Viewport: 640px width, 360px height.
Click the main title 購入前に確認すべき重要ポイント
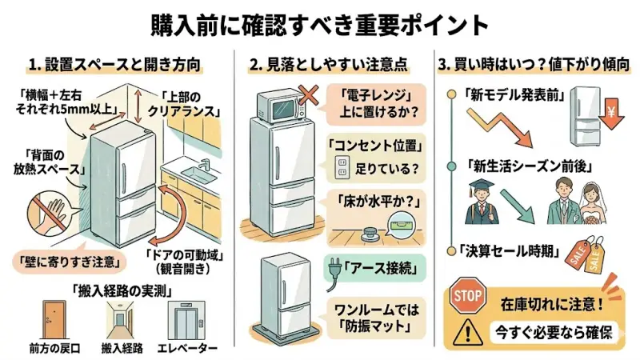click(x=320, y=24)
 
